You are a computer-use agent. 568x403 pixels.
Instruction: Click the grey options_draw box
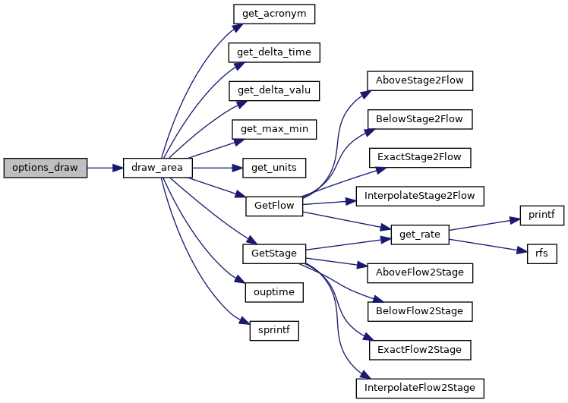tap(46, 168)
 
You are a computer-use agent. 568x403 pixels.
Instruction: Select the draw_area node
tap(158, 168)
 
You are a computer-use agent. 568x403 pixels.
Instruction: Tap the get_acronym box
tap(274, 14)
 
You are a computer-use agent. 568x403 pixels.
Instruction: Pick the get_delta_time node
tap(274, 52)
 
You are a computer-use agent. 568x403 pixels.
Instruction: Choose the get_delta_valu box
tap(274, 91)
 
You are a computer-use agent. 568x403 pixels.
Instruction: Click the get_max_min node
tap(274, 129)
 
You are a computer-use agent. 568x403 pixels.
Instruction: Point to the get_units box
tap(274, 168)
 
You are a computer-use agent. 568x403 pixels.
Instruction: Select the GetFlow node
tap(274, 206)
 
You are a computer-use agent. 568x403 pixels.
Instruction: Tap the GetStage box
tap(274, 253)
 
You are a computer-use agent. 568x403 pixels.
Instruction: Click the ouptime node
tap(274, 292)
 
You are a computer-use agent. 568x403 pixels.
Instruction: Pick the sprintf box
tap(274, 331)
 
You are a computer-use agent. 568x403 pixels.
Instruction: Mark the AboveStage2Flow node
tap(420, 80)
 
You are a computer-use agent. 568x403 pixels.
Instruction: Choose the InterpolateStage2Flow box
tap(420, 197)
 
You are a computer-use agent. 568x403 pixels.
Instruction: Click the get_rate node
tap(420, 235)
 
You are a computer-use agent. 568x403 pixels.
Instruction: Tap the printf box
tap(542, 216)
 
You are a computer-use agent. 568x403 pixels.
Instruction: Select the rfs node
tap(542, 253)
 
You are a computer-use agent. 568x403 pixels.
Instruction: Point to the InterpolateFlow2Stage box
tap(420, 389)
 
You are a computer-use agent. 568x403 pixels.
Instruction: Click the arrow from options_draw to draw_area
tap(105, 168)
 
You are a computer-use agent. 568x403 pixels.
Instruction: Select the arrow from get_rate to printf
tap(484, 224)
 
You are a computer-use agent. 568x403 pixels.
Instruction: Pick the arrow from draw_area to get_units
tap(217, 168)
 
